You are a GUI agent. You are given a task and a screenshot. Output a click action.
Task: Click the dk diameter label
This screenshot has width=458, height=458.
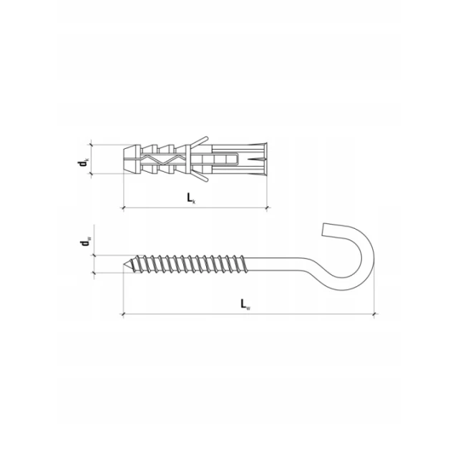pyautogui.click(x=83, y=162)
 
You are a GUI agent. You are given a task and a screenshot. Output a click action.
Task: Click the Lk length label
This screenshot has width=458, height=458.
pyautogui.click(x=192, y=198)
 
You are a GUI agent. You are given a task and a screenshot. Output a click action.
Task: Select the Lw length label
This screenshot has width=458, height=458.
pyautogui.click(x=245, y=304)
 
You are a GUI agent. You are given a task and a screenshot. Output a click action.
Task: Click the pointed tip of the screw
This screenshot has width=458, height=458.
pyautogui.click(x=123, y=264)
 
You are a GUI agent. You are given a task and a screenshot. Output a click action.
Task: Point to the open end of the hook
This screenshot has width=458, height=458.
pyautogui.click(x=323, y=230)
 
